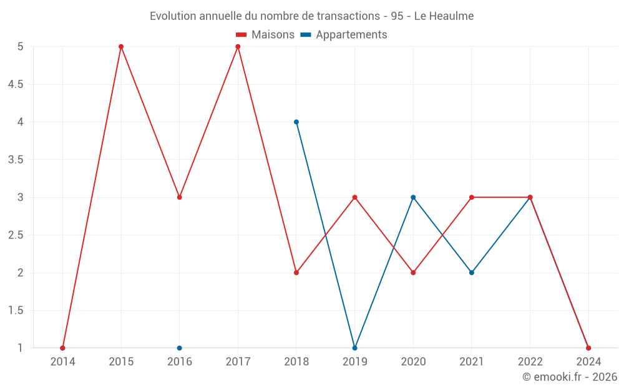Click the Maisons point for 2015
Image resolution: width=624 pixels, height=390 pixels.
(121, 47)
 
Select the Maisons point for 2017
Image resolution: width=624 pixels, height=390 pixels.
(238, 47)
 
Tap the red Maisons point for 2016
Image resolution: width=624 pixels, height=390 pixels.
(180, 197)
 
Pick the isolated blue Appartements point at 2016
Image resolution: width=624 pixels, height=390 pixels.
(180, 348)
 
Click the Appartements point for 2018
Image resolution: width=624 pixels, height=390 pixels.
(296, 122)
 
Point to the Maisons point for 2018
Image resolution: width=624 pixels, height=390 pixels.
(296, 273)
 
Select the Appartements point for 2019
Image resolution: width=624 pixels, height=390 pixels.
(354, 348)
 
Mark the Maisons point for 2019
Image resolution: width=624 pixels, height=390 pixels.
(354, 197)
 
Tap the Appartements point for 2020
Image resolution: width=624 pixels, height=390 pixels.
(413, 197)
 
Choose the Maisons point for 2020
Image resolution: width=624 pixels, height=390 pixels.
(413, 273)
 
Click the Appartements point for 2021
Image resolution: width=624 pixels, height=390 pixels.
(472, 273)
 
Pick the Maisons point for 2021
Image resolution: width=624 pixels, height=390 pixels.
(472, 197)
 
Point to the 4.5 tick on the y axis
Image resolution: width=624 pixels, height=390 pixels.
(16, 84)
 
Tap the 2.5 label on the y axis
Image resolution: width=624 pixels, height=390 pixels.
(16, 235)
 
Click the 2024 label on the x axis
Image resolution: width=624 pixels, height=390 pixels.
(588, 361)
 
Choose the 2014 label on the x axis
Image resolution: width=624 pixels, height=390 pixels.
(62, 361)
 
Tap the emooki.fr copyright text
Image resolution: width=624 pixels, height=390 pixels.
(570, 377)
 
